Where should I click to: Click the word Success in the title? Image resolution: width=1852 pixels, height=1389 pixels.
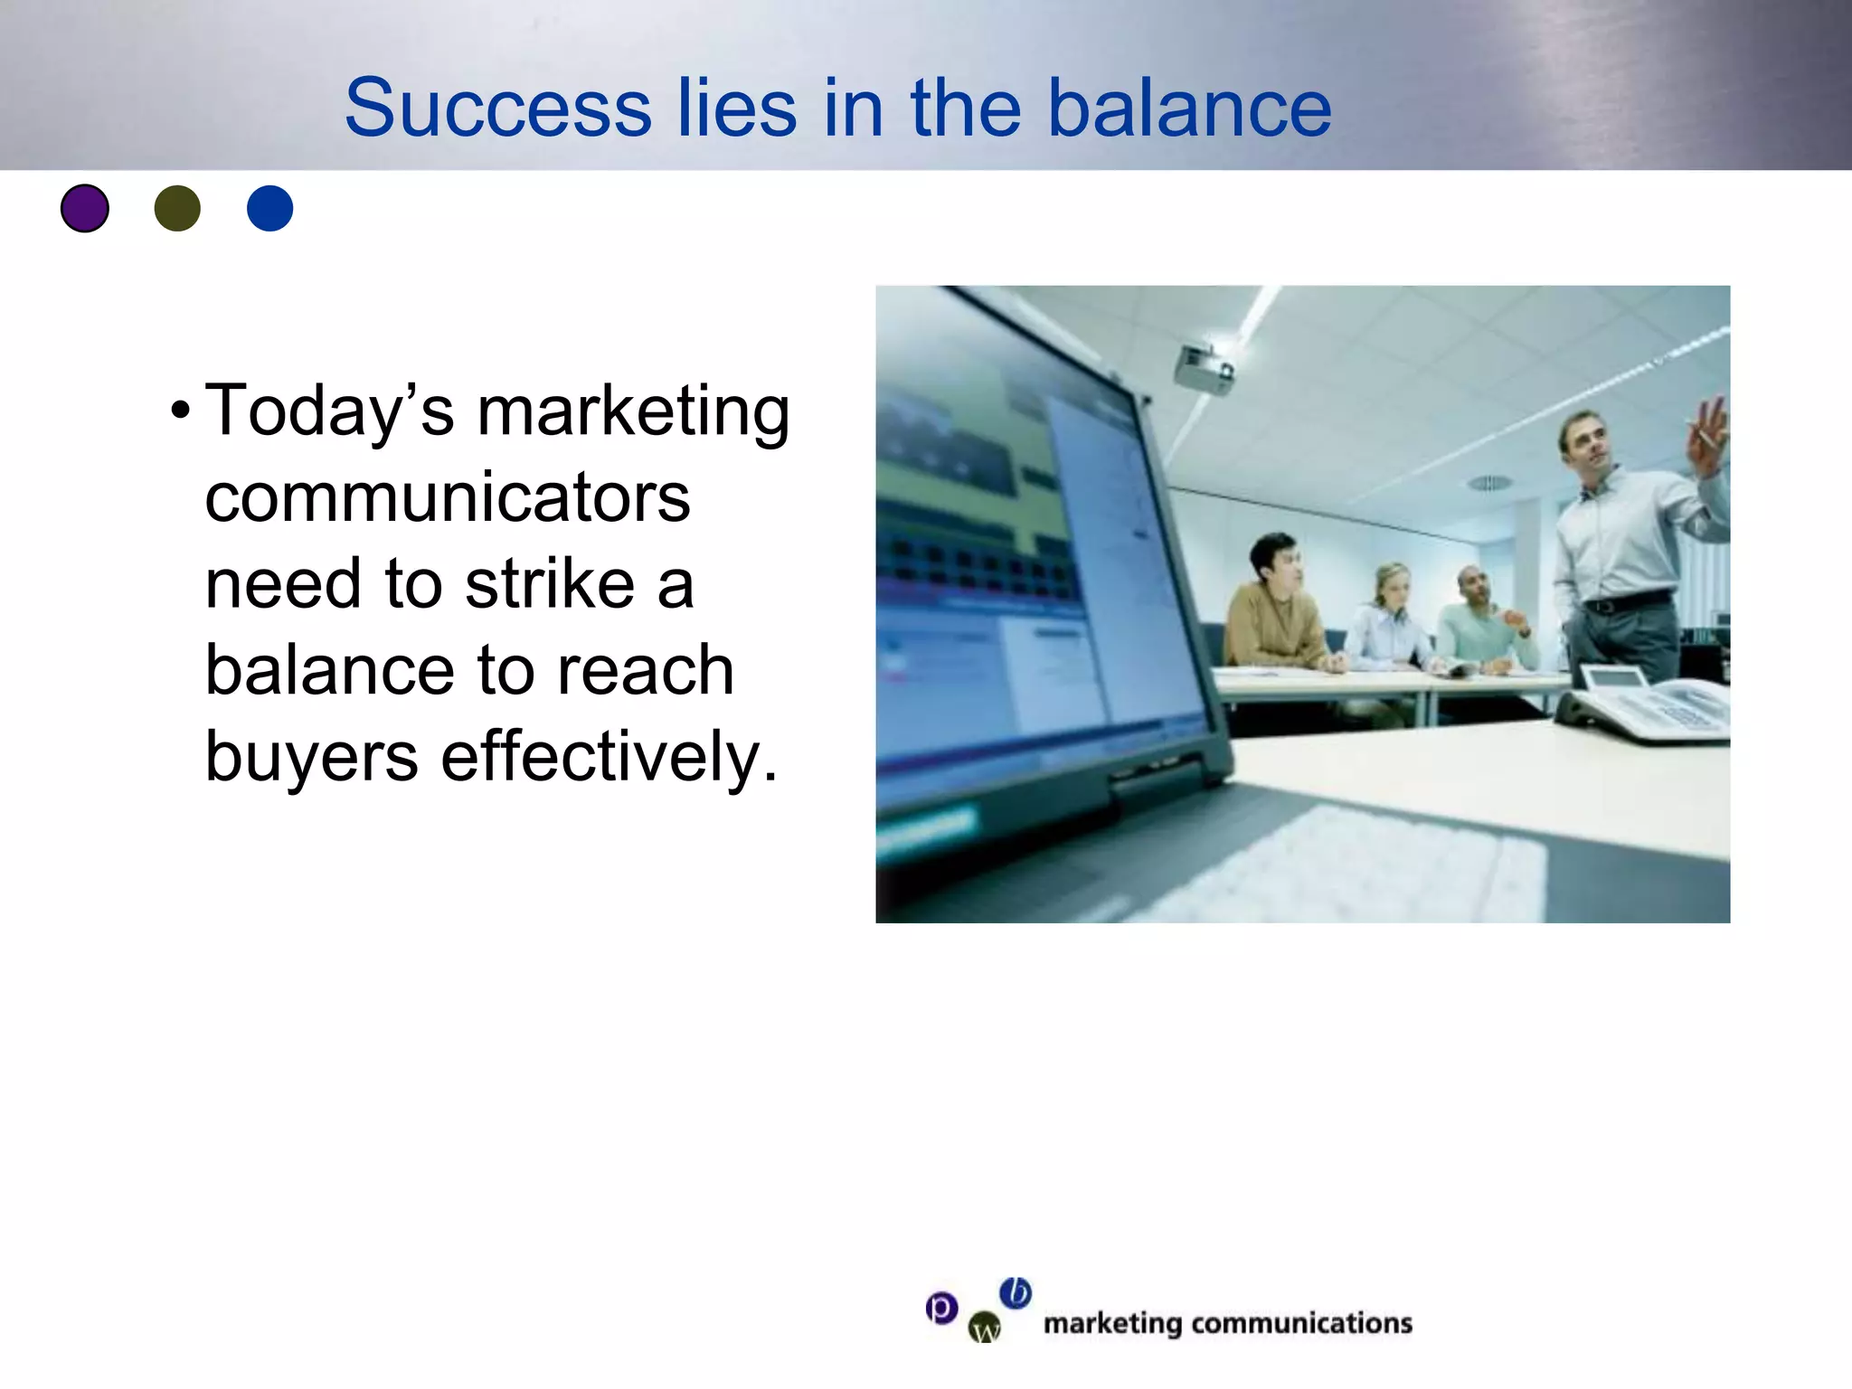tap(496, 109)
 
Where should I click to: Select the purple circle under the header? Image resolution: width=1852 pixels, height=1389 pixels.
tap(85, 209)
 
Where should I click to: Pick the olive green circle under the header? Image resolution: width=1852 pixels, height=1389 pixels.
tap(177, 209)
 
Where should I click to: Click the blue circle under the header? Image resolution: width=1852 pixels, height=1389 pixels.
tap(269, 209)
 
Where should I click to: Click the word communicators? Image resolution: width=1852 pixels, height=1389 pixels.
tap(448, 497)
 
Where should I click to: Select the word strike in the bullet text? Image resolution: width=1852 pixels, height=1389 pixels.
tap(550, 584)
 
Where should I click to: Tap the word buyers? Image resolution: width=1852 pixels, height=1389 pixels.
tap(311, 757)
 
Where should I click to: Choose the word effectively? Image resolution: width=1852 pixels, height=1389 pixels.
tap(609, 757)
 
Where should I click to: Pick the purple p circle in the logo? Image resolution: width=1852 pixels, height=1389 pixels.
tap(941, 1308)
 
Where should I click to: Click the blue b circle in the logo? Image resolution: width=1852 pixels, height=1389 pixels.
tap(1016, 1293)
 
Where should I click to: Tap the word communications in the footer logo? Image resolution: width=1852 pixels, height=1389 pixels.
tap(1301, 1324)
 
